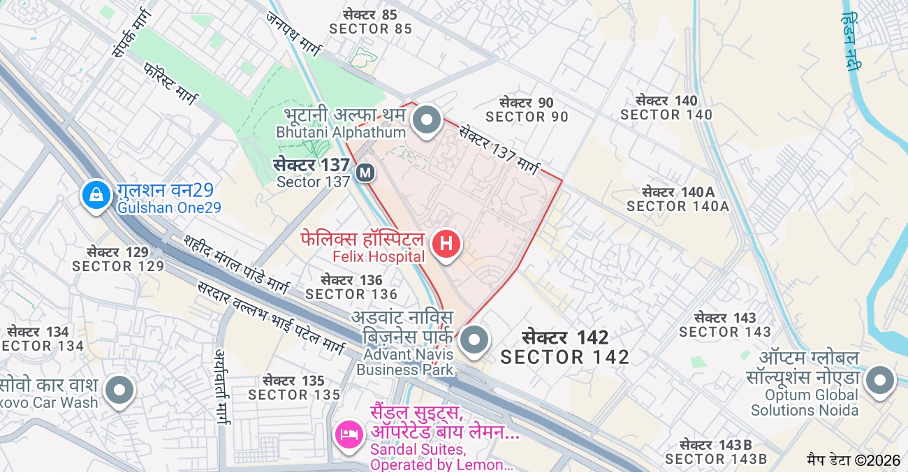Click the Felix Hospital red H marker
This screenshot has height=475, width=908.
pyautogui.click(x=447, y=244)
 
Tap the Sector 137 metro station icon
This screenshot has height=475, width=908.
pyautogui.click(x=365, y=173)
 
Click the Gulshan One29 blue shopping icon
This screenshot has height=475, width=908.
pyautogui.click(x=96, y=195)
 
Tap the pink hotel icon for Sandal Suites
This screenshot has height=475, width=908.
pyautogui.click(x=348, y=434)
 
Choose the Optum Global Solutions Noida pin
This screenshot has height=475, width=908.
pyautogui.click(x=879, y=381)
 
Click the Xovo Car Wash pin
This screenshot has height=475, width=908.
pyautogui.click(x=119, y=389)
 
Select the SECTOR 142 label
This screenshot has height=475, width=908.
pyautogui.click(x=565, y=357)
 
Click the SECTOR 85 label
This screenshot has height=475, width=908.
pyautogui.click(x=371, y=29)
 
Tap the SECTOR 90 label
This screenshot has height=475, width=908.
pyautogui.click(x=527, y=117)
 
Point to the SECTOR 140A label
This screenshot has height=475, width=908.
pyautogui.click(x=678, y=206)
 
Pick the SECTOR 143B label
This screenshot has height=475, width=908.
pyautogui.click(x=716, y=459)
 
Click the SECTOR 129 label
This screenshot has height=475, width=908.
pyautogui.click(x=118, y=266)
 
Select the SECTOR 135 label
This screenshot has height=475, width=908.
pyautogui.click(x=294, y=395)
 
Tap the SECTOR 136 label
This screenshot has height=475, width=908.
pyautogui.click(x=351, y=294)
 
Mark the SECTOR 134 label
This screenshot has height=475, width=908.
pyautogui.click(x=42, y=346)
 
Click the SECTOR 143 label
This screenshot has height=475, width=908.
pyautogui.click(x=725, y=332)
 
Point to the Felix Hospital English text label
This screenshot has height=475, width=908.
pyautogui.click(x=378, y=257)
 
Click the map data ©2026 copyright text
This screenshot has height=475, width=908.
pyautogui.click(x=854, y=460)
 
